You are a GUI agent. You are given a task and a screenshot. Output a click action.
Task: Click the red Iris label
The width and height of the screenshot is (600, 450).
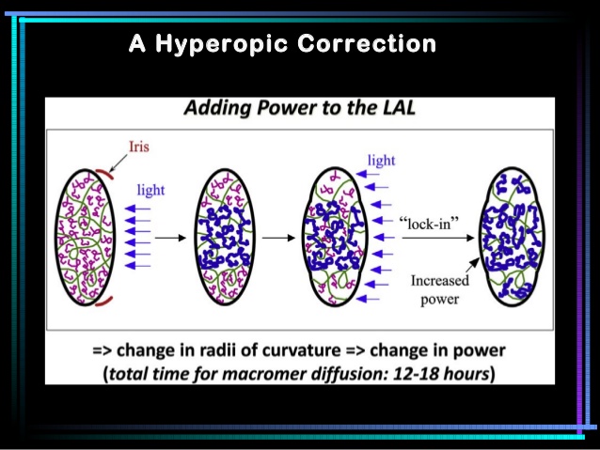click(138, 147)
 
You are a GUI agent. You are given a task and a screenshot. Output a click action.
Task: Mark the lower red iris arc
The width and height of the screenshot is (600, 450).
click(104, 301)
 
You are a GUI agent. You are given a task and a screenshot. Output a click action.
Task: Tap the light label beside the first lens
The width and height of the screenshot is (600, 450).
click(150, 190)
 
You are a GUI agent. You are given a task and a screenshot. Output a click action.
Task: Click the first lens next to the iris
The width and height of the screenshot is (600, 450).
click(85, 237)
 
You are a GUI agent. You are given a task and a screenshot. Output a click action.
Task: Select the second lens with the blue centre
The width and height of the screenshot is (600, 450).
click(224, 237)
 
